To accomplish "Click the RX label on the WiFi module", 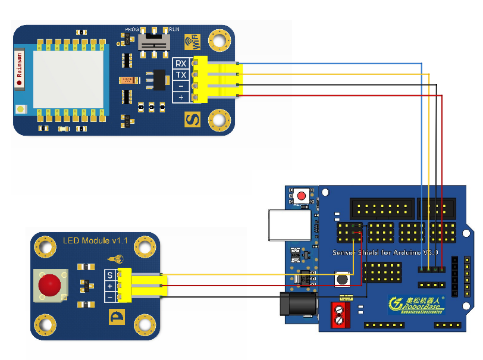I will pyautogui.click(x=181, y=64).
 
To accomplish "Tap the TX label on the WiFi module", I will pyautogui.click(x=181, y=75).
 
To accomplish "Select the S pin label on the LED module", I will pyautogui.click(x=109, y=275).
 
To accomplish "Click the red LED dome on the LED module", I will pyautogui.click(x=50, y=286).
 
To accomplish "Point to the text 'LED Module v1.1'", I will pyautogui.click(x=96, y=240).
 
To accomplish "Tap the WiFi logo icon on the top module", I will pyautogui.click(x=192, y=42).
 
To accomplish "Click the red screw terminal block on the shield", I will pyautogui.click(x=339, y=314).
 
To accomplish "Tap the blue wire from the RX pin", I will pyautogui.click(x=333, y=63).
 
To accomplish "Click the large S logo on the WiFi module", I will pyautogui.click(x=192, y=119).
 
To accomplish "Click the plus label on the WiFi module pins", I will pyautogui.click(x=181, y=97).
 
